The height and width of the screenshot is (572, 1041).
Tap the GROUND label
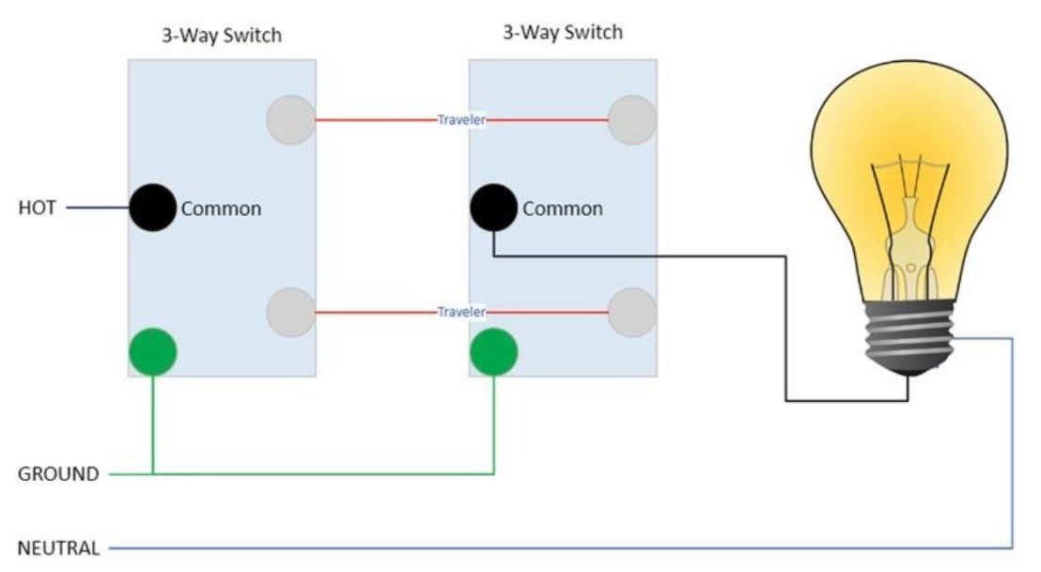[x=58, y=474]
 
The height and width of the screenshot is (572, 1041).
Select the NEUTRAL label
[x=58, y=548]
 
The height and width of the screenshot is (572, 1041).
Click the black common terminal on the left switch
[x=151, y=208]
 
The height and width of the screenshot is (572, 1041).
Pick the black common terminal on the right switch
[x=493, y=208]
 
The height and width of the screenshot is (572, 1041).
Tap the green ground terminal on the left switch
[x=152, y=351]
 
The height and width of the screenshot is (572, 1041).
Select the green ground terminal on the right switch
[x=493, y=351]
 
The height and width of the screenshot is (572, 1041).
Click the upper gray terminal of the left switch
[x=289, y=120]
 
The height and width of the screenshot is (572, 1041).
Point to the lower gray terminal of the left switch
[x=289, y=312]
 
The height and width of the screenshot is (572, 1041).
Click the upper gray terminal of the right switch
[x=631, y=120]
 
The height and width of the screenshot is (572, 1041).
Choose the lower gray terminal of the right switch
[x=631, y=312]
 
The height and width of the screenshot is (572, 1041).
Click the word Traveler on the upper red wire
[x=461, y=120]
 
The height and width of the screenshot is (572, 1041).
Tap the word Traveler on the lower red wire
[x=461, y=312]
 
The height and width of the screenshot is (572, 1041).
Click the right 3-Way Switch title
[x=563, y=33]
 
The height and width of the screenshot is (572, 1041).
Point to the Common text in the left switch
[x=221, y=209]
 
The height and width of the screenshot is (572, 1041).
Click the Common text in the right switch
[x=563, y=209]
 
